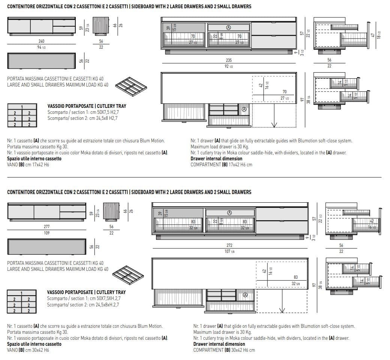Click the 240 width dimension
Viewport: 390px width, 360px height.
coord(41,41)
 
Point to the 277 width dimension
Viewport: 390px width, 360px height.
coord(46,227)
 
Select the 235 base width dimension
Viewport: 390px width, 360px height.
coord(229,60)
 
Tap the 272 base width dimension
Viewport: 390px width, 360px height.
coord(229,245)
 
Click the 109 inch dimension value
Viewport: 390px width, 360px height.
coord(46,233)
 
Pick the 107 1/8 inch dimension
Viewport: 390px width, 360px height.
coord(229,251)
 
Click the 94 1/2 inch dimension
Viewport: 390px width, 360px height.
coord(41,47)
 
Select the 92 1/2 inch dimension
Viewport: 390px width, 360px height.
coord(229,66)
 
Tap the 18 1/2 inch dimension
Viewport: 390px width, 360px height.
coord(379,35)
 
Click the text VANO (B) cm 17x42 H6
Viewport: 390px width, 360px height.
coord(28,164)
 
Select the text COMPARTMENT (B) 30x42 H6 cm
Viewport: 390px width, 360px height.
coord(224,350)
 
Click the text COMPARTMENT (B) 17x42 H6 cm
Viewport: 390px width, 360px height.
coord(221,164)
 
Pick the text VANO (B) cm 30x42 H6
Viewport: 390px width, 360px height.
coord(28,350)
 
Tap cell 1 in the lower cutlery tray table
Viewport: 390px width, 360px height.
coord(22,293)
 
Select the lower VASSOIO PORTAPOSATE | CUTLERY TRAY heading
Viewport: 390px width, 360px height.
coord(86,292)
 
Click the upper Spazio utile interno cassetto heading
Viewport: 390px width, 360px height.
coord(34,159)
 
